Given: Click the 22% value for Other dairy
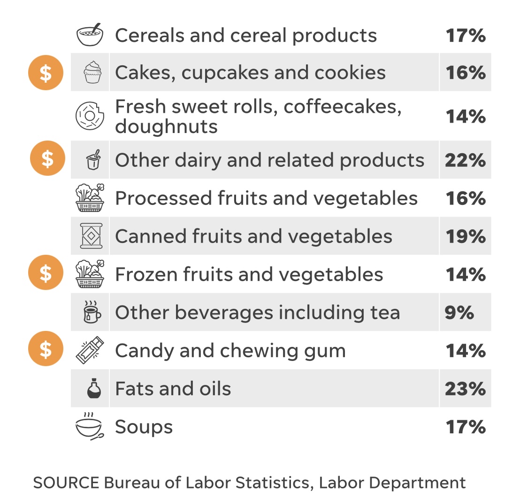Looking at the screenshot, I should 465,160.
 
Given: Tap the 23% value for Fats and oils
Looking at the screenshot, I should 465,389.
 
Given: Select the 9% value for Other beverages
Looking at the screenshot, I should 459,313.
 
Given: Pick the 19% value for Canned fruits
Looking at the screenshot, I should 465,236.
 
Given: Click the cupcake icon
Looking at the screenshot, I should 92,72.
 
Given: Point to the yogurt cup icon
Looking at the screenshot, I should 94,160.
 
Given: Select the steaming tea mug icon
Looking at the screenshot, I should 92,313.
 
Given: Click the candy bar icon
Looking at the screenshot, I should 90,350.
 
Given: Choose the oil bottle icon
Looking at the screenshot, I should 94,389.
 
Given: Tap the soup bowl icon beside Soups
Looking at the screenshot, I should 90,426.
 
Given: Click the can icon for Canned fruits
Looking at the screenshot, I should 91,236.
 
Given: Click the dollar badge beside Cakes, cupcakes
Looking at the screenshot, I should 46,72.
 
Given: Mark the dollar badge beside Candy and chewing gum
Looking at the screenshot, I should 46,348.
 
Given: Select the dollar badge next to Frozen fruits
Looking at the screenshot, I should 46,272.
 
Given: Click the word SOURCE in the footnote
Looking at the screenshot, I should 66,483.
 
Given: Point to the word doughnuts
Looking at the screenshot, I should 166,126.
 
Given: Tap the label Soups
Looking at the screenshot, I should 144,427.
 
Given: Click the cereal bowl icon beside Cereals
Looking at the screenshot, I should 90,35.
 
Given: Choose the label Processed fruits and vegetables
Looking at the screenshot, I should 266,198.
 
